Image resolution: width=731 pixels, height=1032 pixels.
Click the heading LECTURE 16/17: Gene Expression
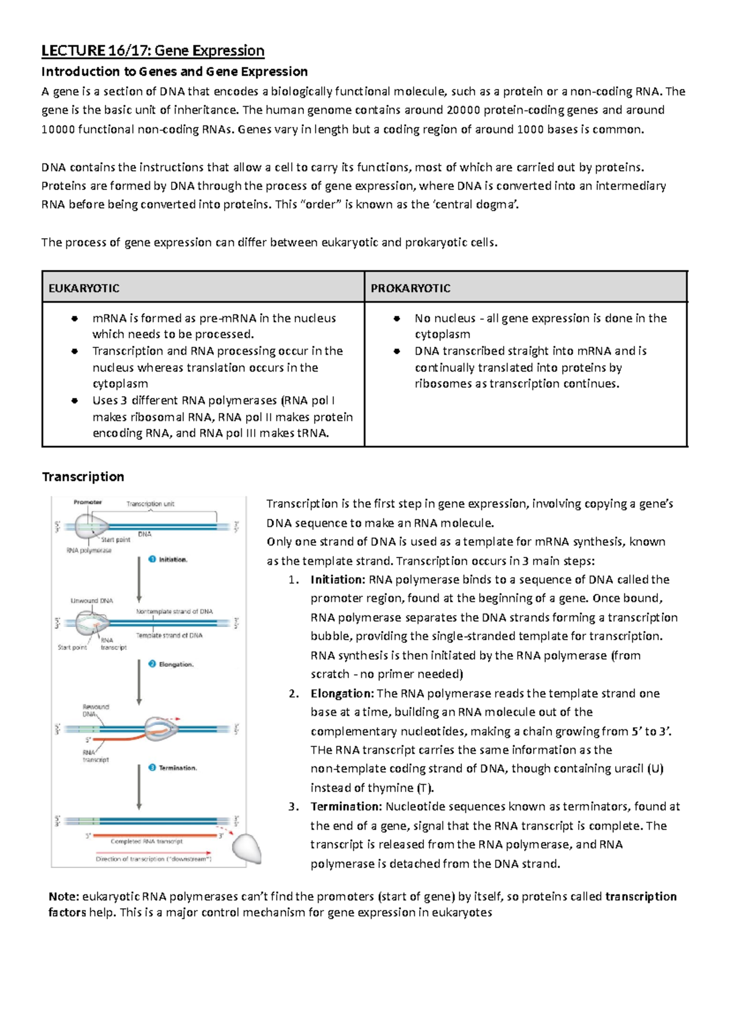click(152, 51)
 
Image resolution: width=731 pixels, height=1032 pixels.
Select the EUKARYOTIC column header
click(83, 288)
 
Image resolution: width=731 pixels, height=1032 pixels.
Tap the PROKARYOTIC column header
click(410, 288)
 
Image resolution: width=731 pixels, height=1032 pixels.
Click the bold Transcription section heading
click(83, 476)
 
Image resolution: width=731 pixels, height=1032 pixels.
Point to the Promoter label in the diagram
click(88, 503)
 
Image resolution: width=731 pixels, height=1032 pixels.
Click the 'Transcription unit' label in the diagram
click(150, 504)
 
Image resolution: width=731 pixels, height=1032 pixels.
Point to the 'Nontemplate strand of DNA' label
click(174, 611)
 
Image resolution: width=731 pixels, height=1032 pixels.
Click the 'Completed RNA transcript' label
click(146, 841)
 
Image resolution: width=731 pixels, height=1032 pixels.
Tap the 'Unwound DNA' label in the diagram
click(91, 601)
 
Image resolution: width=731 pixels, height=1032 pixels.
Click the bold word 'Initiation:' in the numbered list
click(337, 579)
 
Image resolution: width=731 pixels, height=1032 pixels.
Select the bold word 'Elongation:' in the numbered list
click(342, 693)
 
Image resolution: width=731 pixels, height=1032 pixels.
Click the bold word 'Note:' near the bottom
click(63, 896)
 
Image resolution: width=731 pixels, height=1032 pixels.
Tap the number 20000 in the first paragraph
click(463, 110)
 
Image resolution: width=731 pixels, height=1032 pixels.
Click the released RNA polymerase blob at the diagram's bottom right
click(247, 848)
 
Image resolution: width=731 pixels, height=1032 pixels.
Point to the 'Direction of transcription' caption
click(154, 859)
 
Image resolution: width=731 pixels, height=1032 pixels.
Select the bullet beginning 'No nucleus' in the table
click(540, 326)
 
